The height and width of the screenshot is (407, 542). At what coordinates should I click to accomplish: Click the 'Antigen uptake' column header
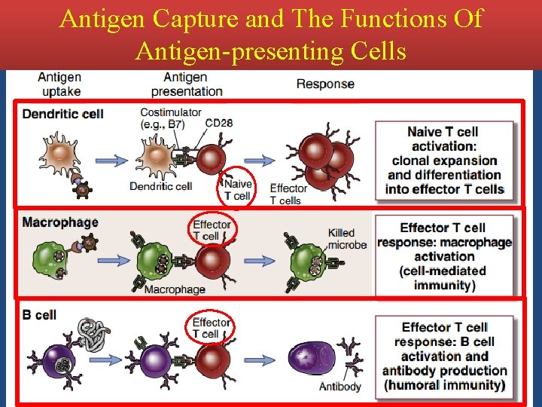point(59,84)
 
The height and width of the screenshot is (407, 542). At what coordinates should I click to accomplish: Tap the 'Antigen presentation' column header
point(187,84)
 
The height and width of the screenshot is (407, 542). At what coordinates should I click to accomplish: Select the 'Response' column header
point(325,84)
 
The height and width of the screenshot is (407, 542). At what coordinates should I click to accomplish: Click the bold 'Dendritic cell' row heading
point(62,115)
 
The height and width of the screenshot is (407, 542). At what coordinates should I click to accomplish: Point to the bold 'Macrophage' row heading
point(60,222)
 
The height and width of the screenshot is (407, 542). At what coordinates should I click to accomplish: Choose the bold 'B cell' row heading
point(39,315)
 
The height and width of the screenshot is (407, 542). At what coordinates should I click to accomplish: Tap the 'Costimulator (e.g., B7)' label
point(170,118)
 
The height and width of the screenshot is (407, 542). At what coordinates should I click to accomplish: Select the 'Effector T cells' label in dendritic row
point(288,194)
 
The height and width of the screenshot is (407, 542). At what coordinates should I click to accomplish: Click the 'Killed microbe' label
point(347,239)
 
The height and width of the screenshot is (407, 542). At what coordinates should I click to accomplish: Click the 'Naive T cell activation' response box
point(443,161)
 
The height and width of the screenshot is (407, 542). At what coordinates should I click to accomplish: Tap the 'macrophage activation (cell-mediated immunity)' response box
point(444,256)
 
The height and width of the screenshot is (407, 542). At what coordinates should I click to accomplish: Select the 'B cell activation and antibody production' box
point(444,356)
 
